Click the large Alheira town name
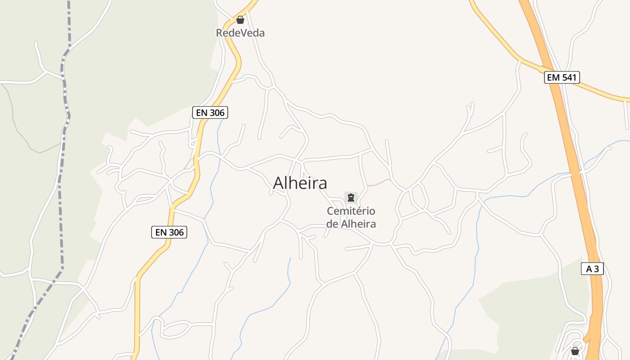click(300, 183)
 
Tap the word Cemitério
click(351, 211)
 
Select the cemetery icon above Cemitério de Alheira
click(351, 197)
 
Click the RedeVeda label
click(240, 33)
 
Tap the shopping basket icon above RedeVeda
click(240, 20)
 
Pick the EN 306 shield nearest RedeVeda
click(210, 112)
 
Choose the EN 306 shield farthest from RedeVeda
click(169, 232)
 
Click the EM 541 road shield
click(562, 77)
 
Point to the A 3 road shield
click(592, 269)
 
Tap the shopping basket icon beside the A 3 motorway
click(575, 351)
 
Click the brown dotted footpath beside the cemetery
click(379, 183)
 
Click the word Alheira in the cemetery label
click(358, 224)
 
